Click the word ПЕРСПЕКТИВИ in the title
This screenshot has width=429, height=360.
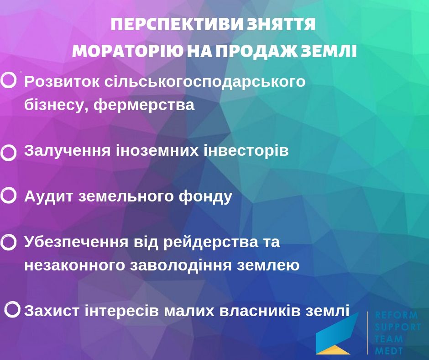[177, 25]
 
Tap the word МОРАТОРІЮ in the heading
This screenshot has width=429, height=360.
[128, 51]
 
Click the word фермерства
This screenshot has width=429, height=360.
[144, 105]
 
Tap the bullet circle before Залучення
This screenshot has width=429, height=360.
[9, 153]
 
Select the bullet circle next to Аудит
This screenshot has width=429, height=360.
[9, 196]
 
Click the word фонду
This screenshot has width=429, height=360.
[205, 197]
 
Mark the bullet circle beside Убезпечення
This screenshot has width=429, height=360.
[9, 242]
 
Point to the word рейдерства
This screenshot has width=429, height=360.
[211, 243]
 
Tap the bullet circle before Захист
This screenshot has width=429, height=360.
[12, 310]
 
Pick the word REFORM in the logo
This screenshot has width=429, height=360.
[396, 315]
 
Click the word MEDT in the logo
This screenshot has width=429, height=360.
[389, 351]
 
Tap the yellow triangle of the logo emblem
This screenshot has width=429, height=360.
[333, 349]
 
